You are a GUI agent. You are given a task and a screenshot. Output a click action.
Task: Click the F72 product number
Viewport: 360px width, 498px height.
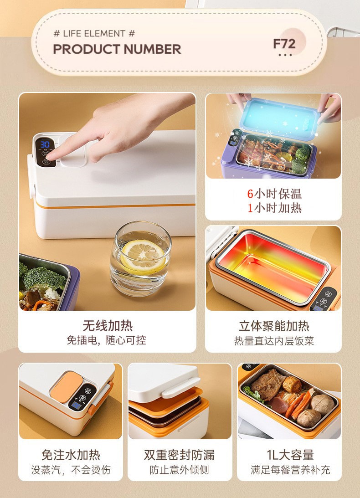(x=284, y=44)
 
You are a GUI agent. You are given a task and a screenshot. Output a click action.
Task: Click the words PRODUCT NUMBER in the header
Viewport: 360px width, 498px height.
(x=117, y=49)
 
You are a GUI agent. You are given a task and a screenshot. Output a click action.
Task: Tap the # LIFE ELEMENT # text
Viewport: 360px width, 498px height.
(x=94, y=33)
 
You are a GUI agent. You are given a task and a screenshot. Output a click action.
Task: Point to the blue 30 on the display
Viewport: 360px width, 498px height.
(x=45, y=144)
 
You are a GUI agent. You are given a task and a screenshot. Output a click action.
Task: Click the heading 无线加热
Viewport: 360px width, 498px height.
(x=108, y=325)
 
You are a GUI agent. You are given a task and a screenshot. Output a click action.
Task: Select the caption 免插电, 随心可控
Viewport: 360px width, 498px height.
(x=107, y=340)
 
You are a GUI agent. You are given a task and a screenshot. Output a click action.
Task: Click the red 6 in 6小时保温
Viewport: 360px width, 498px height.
(x=250, y=194)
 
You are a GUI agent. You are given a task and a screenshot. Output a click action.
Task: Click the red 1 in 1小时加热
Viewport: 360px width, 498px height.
(x=250, y=208)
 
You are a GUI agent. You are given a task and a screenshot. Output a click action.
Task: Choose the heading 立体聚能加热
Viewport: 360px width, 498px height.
(x=274, y=326)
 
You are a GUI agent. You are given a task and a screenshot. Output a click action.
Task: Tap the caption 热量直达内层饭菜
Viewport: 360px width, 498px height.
(x=274, y=341)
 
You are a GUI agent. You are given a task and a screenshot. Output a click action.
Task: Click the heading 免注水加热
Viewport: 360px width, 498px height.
(x=71, y=455)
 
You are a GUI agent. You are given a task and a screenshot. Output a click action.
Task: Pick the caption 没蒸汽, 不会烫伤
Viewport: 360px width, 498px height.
(x=71, y=470)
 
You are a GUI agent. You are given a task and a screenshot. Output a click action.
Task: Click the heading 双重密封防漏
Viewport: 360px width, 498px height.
(x=179, y=455)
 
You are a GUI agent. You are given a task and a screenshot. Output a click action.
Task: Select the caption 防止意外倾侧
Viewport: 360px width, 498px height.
(x=179, y=470)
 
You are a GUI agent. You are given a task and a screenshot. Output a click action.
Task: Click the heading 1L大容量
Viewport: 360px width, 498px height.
(x=290, y=455)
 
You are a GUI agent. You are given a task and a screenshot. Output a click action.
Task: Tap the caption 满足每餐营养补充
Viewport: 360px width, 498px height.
(x=290, y=470)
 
